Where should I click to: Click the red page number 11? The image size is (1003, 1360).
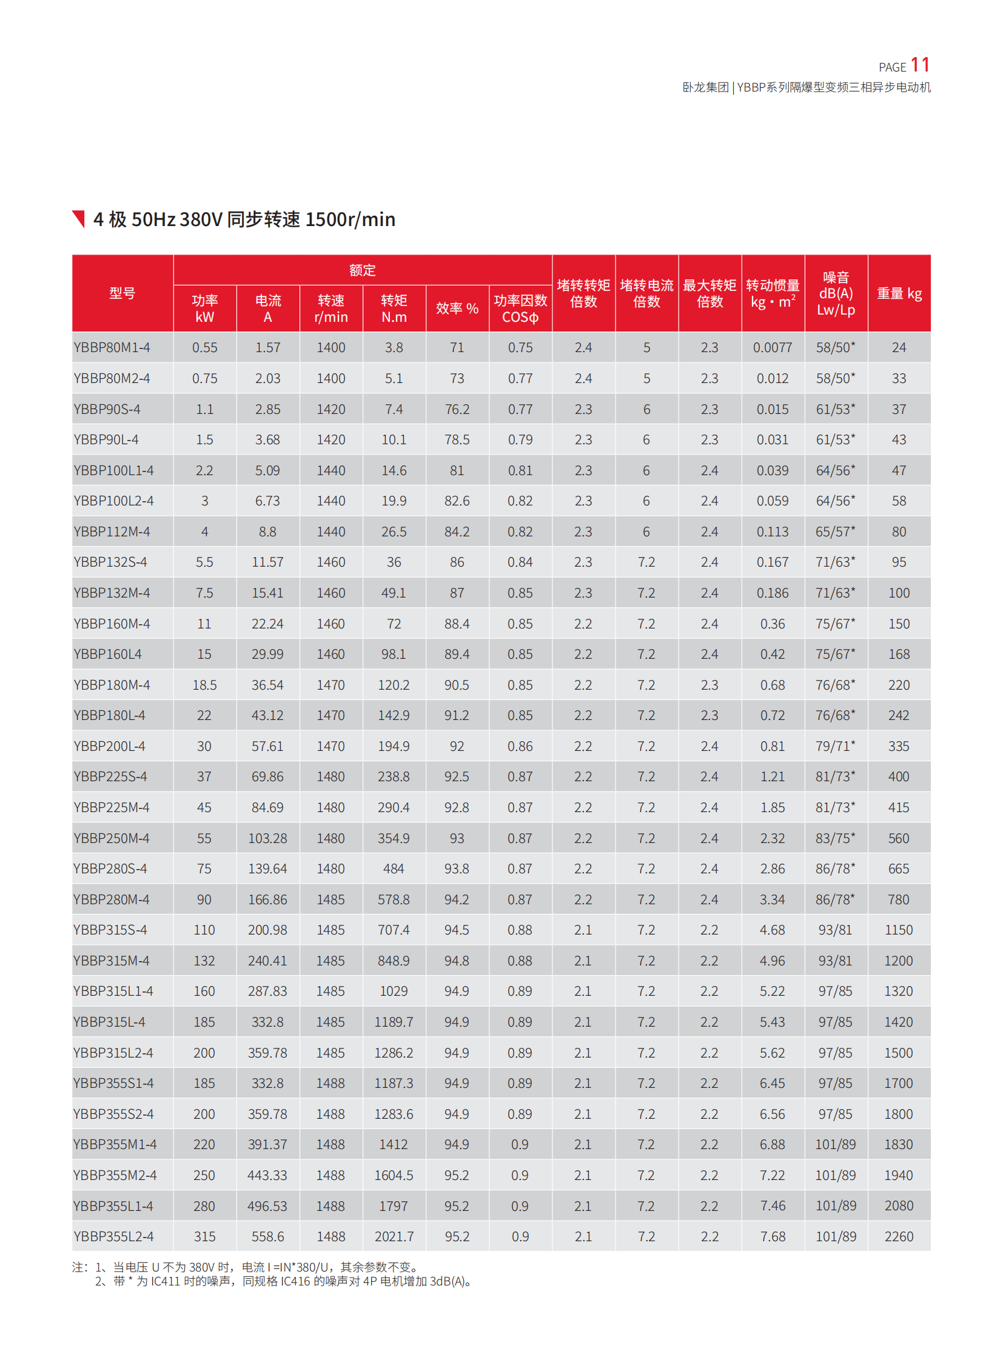pyautogui.click(x=919, y=65)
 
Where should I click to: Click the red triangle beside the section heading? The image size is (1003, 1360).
pyautogui.click(x=79, y=218)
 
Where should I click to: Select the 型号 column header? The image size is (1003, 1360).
pyautogui.click(x=122, y=293)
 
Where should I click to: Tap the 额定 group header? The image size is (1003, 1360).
pyautogui.click(x=363, y=270)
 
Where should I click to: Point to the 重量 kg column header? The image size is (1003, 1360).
pyautogui.click(x=899, y=294)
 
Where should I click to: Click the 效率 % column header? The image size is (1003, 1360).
pyautogui.click(x=457, y=308)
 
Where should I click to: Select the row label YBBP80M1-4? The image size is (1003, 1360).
pyautogui.click(x=112, y=348)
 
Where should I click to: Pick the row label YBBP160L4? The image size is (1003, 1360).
pyautogui.click(x=107, y=654)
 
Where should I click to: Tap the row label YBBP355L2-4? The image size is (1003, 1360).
pyautogui.click(x=113, y=1236)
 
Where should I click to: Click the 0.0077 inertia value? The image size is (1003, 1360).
pyautogui.click(x=773, y=348)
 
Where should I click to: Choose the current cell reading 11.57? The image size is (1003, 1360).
pyautogui.click(x=267, y=562)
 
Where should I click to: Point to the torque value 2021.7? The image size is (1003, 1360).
pyautogui.click(x=394, y=1236)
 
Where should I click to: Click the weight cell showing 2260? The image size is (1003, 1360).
pyautogui.click(x=899, y=1236)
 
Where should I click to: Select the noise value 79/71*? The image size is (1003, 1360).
pyautogui.click(x=835, y=746)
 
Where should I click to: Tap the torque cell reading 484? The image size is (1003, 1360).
pyautogui.click(x=394, y=868)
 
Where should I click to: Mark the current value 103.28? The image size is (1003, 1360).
pyautogui.click(x=267, y=838)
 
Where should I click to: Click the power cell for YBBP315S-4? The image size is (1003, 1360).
pyautogui.click(x=204, y=930)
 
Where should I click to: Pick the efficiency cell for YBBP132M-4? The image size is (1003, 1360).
pyautogui.click(x=457, y=593)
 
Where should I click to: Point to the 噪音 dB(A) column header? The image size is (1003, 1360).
pyautogui.click(x=836, y=293)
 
